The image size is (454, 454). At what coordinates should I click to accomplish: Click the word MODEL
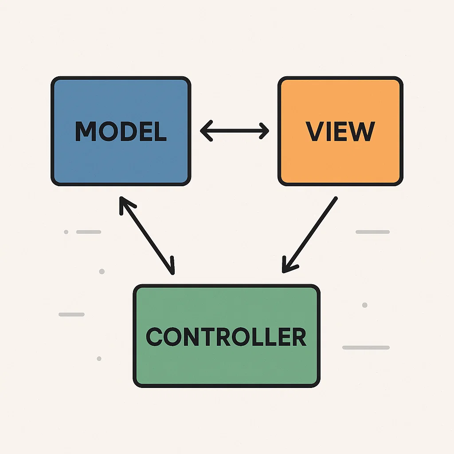[121, 131]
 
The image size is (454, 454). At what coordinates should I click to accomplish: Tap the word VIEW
[340, 131]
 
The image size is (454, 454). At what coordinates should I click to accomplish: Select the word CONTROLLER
[226, 337]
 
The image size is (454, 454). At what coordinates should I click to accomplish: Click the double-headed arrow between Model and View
[235, 131]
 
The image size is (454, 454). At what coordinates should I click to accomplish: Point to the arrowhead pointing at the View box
[264, 131]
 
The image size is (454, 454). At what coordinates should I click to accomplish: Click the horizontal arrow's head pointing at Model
[205, 131]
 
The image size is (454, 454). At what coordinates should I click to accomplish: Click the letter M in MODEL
[86, 131]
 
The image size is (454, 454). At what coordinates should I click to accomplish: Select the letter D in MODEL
[127, 131]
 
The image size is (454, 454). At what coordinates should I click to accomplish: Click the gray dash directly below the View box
[372, 232]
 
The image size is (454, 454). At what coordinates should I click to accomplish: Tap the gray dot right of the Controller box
[364, 305]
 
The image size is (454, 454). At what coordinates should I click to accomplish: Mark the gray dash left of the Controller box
[71, 314]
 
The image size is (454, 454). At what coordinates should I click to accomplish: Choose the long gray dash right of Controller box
[366, 348]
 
